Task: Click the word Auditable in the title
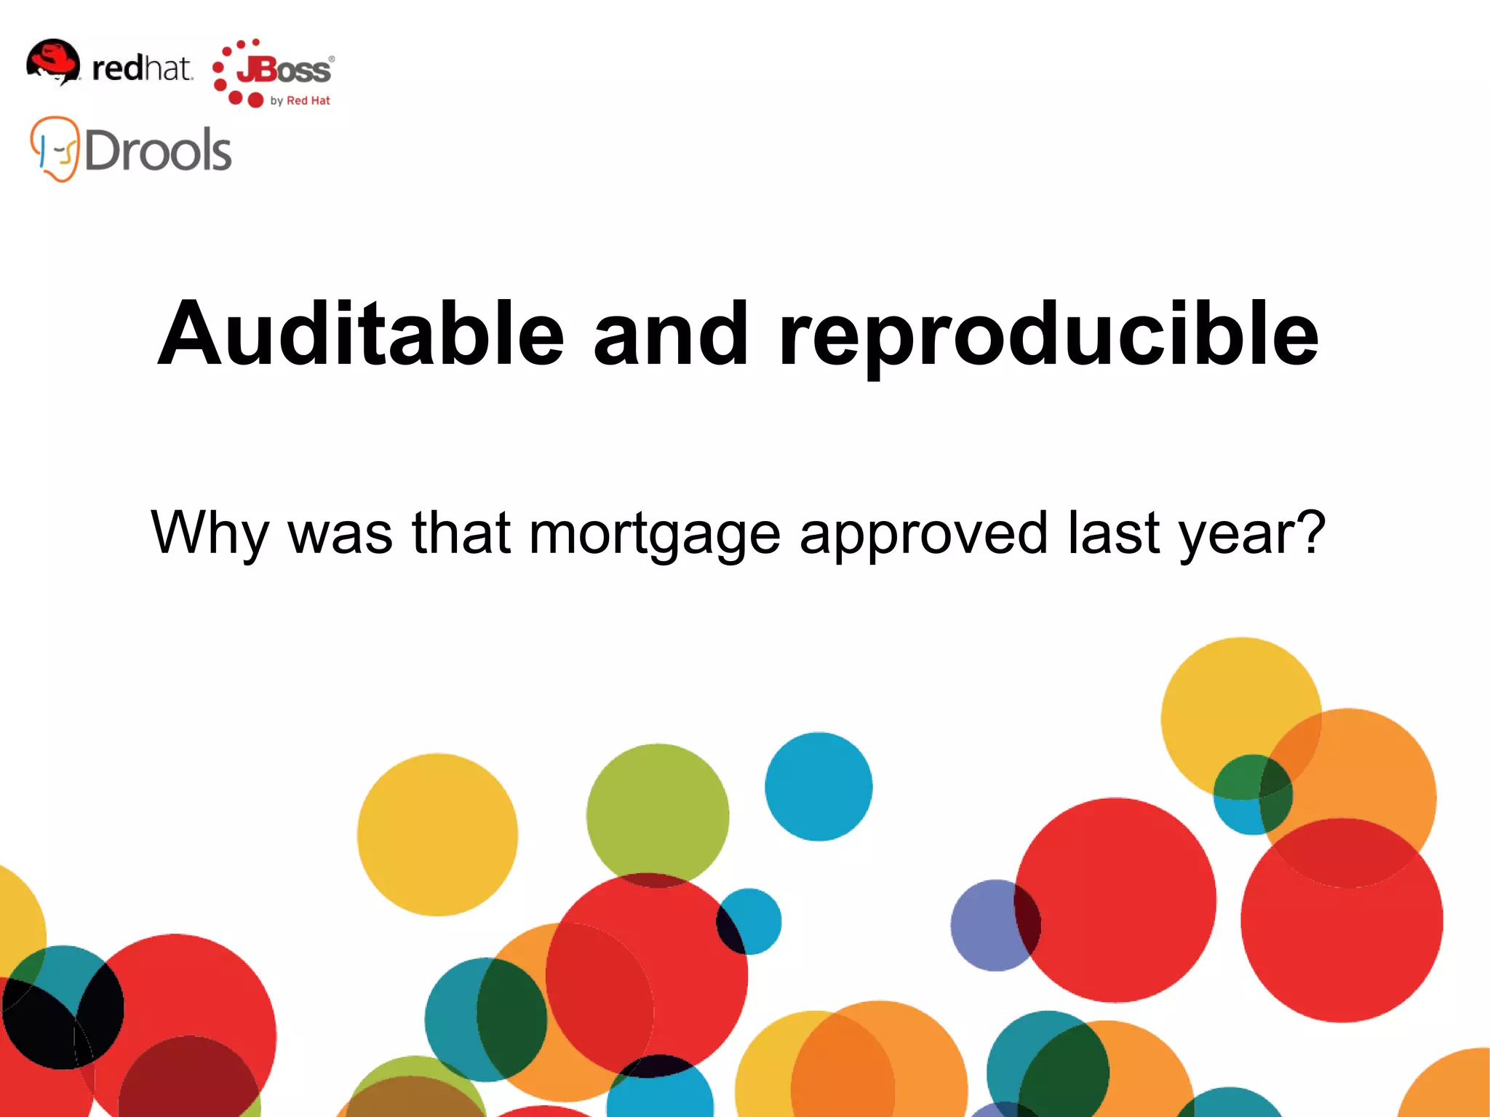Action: tap(361, 333)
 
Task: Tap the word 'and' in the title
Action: tap(671, 333)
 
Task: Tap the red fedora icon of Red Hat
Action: tap(53, 61)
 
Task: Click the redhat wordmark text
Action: tap(142, 68)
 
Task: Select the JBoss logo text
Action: tap(284, 71)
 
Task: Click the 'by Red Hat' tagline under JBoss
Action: tap(300, 100)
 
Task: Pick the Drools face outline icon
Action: tap(55, 149)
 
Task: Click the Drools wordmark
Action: tap(158, 150)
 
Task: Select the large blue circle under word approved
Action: tap(818, 787)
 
